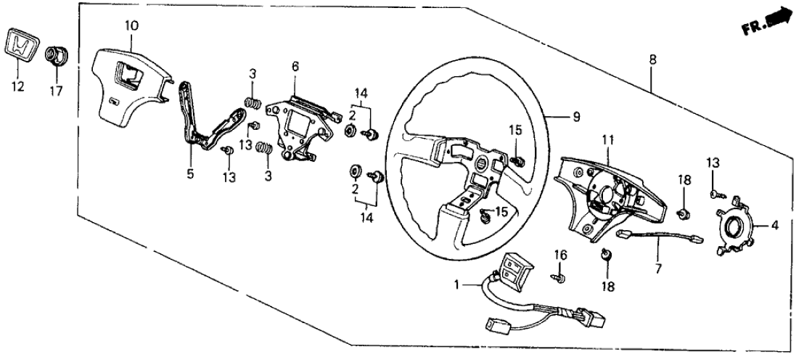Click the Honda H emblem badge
22,47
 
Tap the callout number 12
18,87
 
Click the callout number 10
131,27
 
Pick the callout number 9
577,116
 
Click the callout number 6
295,66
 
